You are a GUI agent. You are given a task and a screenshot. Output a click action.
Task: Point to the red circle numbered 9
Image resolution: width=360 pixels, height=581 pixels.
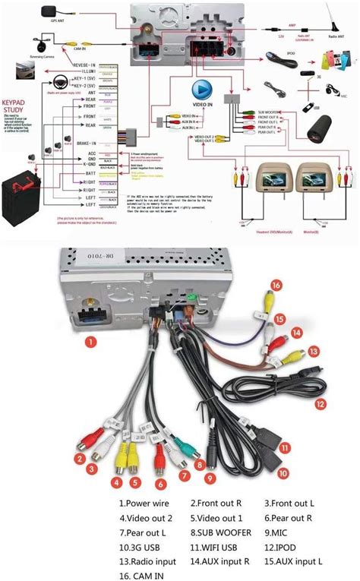[210, 479]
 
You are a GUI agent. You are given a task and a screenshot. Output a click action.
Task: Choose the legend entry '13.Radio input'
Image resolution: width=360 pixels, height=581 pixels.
[148, 561]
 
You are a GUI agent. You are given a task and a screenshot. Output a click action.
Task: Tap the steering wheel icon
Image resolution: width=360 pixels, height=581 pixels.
[57, 81]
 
